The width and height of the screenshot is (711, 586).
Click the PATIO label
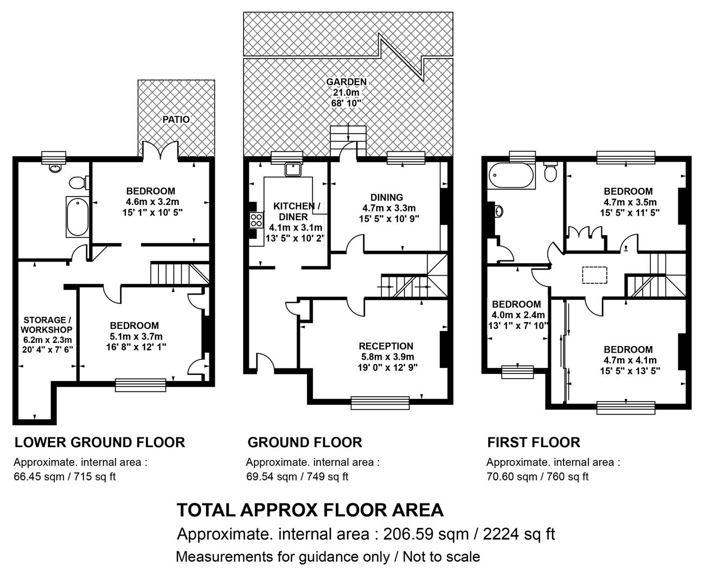[x=176, y=119]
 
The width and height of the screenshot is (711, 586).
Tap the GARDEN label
[x=347, y=82]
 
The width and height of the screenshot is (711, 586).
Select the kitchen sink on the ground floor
[x=293, y=170]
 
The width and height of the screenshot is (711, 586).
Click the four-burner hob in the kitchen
[x=257, y=220]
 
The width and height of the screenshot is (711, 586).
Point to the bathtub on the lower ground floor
[x=78, y=216]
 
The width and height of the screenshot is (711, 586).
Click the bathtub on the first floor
[x=511, y=175]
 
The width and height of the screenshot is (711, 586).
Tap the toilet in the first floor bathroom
[x=550, y=173]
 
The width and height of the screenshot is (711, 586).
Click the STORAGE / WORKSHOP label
[x=47, y=324]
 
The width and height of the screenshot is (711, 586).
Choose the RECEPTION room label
[x=386, y=346]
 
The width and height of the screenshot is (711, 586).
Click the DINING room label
[x=387, y=198]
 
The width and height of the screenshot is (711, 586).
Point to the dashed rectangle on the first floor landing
[x=594, y=275]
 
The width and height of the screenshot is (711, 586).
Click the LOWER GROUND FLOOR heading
[x=100, y=443]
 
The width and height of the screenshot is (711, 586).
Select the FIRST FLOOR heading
[x=534, y=443]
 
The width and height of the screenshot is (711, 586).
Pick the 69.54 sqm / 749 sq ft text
[x=297, y=476]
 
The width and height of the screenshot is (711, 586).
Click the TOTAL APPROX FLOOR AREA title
[x=310, y=510]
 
